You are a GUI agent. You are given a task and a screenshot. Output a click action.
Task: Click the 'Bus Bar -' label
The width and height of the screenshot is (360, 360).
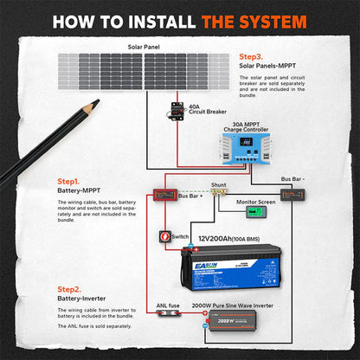click(x=292, y=178)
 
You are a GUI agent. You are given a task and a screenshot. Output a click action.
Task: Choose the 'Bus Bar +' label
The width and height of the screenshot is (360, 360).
click(x=189, y=196)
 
